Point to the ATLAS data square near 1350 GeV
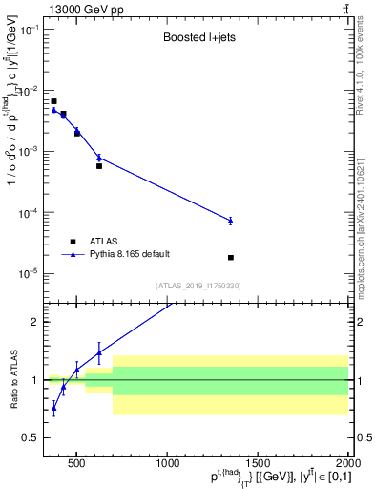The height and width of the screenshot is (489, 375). [x=231, y=258]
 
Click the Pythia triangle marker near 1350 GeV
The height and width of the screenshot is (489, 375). [x=231, y=221]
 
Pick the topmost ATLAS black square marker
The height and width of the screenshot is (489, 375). [x=53, y=101]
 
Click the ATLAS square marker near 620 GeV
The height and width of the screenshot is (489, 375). [x=99, y=166]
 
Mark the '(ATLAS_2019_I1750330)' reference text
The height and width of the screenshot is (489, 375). [x=198, y=286]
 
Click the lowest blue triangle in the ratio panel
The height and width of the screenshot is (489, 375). [x=53, y=409]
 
